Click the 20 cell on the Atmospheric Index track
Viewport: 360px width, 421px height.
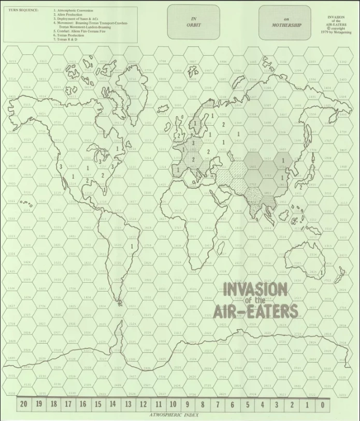tap(23, 404)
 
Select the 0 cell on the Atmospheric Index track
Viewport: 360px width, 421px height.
tap(322, 404)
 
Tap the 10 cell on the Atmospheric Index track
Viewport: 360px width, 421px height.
tap(173, 404)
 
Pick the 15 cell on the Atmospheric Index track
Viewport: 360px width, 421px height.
tap(98, 404)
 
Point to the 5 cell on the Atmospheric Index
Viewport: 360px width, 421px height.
tap(248, 404)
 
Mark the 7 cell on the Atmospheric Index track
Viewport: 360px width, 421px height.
tap(218, 404)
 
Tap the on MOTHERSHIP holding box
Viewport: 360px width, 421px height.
tap(285, 22)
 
